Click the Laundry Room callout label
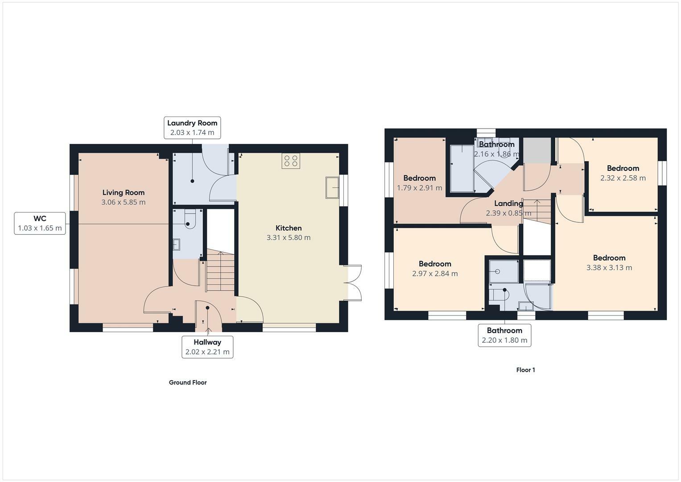coord(192,128)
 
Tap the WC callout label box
coord(40,223)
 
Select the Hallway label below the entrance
coord(207,347)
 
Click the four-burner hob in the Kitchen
coord(291,161)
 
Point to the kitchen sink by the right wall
coord(332,187)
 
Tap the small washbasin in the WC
coord(176,245)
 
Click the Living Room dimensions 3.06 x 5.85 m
coord(124,202)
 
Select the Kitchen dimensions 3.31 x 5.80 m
coord(289,237)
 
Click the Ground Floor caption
coord(188,382)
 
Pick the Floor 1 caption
coord(525,370)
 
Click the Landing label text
coord(508,203)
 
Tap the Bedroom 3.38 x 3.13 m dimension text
coord(609,267)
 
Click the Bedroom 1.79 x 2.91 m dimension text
coord(419,188)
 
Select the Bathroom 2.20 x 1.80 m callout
coord(504,335)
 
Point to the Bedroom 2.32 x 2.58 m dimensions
coord(623,178)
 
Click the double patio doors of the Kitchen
coord(353,283)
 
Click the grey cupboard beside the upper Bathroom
coord(537,150)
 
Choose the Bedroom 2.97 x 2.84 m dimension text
coord(435,274)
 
